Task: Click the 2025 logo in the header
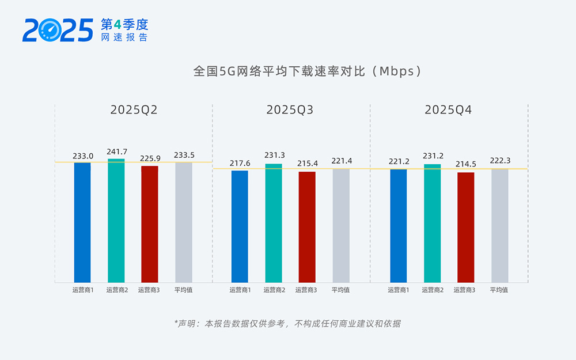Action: pos(58,30)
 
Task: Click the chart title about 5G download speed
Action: pos(308,71)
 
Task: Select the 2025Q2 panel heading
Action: pos(134,110)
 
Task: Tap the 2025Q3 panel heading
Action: pos(290,110)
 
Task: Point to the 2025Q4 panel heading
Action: pos(448,110)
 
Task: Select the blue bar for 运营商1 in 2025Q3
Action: pos(240,226)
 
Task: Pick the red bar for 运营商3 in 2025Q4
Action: pos(465,228)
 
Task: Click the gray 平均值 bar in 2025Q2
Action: pos(184,222)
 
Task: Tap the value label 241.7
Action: pos(117,152)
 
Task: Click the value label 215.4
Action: pos(307,164)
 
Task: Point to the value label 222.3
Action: pos(500,161)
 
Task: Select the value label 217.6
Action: pos(240,164)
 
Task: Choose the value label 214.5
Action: pos(465,165)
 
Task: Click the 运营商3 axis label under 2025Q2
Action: pos(149,290)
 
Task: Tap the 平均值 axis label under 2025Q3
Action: pos(340,290)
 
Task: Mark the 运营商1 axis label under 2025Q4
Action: pos(399,290)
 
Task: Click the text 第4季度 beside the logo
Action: pos(124,24)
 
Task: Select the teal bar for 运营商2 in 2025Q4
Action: pos(432,223)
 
